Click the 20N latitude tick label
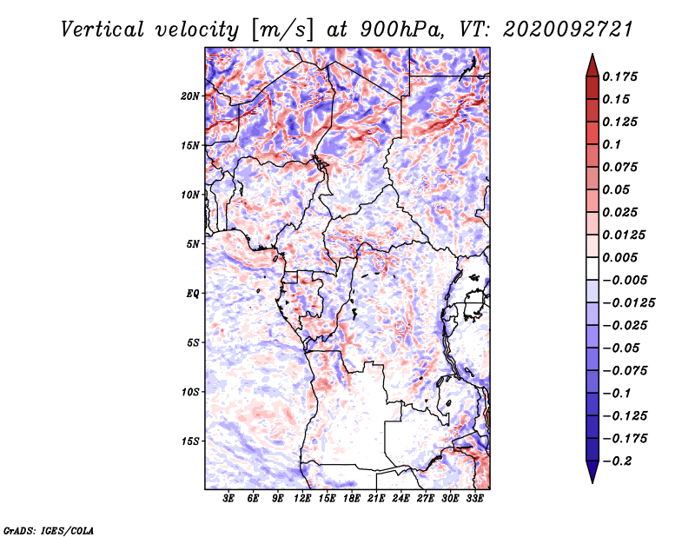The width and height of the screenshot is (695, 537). [190, 96]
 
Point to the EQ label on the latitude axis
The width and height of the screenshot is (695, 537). [192, 294]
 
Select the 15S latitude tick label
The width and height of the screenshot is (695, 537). [190, 441]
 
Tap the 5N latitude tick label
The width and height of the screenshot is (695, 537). [192, 244]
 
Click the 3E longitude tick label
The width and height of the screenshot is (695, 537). [228, 499]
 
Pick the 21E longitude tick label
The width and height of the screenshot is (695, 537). [376, 499]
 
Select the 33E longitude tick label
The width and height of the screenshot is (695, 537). [474, 499]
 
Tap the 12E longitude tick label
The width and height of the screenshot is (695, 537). [301, 499]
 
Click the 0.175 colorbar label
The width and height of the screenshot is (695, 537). [619, 76]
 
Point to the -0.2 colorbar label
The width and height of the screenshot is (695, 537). [617, 461]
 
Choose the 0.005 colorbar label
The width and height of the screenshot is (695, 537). [619, 257]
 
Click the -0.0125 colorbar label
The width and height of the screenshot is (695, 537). [628, 303]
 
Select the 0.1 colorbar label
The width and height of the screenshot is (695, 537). [612, 144]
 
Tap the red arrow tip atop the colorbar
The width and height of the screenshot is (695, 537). [592, 54]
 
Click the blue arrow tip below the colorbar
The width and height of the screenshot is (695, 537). [592, 482]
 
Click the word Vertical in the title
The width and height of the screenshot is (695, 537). [103, 30]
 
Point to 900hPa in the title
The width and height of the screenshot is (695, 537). [401, 30]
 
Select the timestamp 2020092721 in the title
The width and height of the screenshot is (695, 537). [568, 30]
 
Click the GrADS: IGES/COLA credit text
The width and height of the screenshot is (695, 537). [49, 531]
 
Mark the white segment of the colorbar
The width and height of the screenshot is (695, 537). [592, 268]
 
